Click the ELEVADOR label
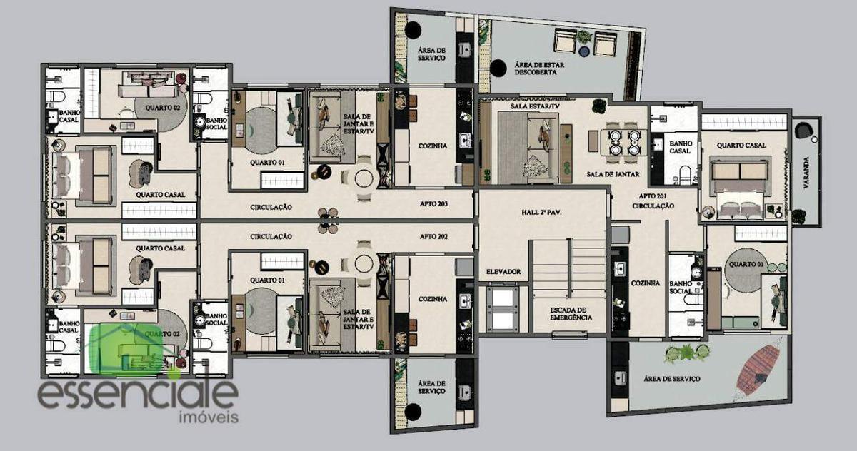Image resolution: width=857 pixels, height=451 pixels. (x=503, y=272)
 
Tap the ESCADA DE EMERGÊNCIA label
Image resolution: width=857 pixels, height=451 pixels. (x=571, y=314)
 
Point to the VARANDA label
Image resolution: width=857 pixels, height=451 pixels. (x=806, y=173)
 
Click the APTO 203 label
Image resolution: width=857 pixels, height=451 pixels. (x=433, y=203)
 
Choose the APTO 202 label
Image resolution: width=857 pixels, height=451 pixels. (x=433, y=237)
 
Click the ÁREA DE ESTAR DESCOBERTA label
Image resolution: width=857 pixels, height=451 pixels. (x=539, y=69)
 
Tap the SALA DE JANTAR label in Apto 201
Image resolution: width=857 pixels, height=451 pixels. (x=613, y=174)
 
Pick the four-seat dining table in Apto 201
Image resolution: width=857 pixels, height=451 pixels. (x=624, y=142)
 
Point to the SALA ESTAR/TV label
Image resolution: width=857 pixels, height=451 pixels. (x=535, y=106)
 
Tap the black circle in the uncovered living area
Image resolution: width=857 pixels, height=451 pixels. (x=498, y=68)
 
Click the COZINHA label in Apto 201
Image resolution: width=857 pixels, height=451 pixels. (x=645, y=283)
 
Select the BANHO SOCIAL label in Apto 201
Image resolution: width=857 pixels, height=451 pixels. (x=681, y=288)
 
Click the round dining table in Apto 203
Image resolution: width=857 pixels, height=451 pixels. (x=364, y=178)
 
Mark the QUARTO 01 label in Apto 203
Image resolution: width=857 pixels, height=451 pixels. (x=267, y=163)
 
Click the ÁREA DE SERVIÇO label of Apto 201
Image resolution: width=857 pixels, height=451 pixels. (x=671, y=379)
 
